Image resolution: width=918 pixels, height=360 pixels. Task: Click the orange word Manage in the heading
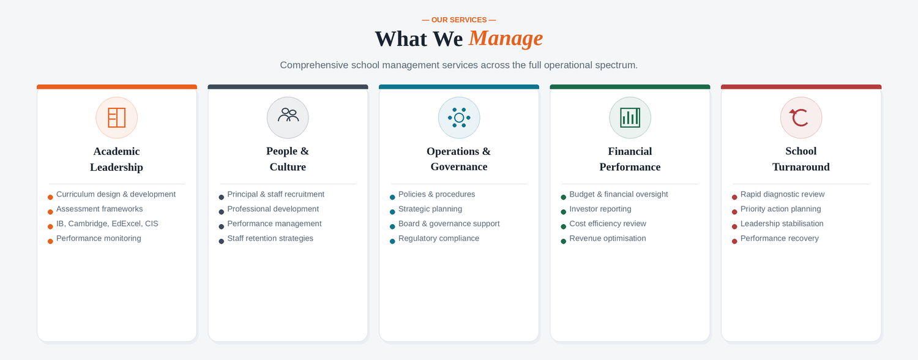506,39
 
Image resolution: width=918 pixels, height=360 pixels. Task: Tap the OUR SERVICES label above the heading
458,20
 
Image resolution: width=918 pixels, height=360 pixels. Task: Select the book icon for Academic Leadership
116,118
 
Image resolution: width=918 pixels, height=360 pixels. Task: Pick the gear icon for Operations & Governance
459,118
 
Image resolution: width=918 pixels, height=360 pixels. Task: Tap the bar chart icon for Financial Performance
630,118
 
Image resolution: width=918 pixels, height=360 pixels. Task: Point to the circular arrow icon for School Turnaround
800,118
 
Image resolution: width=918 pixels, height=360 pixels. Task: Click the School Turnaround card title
800,159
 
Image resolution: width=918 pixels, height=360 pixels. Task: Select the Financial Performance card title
630,159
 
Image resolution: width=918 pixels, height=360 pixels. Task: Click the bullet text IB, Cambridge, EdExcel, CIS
107,224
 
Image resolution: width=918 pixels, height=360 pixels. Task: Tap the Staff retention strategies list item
270,239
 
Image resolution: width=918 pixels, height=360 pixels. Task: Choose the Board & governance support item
449,224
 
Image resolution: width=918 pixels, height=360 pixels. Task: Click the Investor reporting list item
600,209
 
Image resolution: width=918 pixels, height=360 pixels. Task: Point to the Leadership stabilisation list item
782,224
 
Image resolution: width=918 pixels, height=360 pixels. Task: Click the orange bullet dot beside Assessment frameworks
50,212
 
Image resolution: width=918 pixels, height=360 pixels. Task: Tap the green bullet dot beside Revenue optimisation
563,241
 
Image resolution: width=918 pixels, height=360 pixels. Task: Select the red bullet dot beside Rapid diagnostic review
734,197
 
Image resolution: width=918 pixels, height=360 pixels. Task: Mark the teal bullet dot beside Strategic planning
392,212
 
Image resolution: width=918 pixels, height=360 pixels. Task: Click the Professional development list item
273,209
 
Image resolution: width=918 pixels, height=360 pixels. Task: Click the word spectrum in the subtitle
616,65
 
